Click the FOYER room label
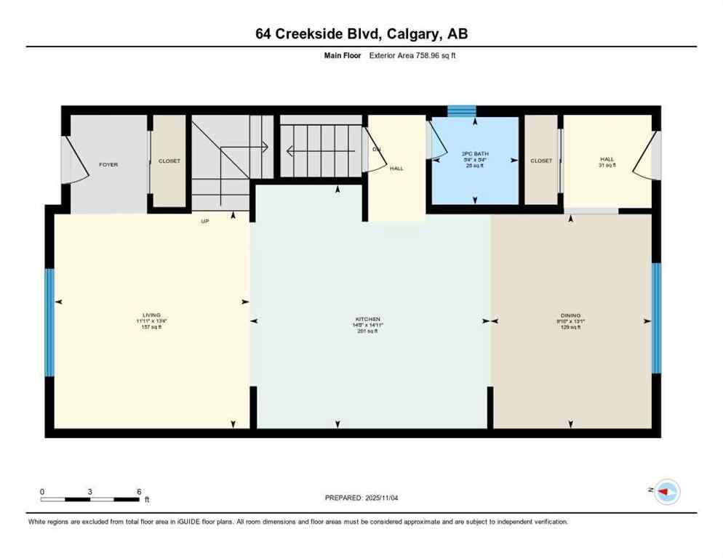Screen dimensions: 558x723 click(x=108, y=165)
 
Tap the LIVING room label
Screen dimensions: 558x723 click(x=152, y=315)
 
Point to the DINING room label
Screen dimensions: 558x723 click(x=570, y=315)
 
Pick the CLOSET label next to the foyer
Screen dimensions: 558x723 click(x=169, y=161)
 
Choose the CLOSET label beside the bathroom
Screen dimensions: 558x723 click(x=540, y=161)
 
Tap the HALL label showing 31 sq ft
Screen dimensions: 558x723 click(x=607, y=159)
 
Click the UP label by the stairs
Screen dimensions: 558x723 click(x=205, y=221)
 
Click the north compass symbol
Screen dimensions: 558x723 click(x=666, y=492)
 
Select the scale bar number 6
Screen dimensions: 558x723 click(x=139, y=491)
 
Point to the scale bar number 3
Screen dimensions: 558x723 click(x=89, y=491)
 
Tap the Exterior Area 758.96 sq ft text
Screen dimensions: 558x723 click(x=396, y=55)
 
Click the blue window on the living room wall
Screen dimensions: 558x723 click(x=49, y=323)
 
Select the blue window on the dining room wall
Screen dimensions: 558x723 click(x=656, y=318)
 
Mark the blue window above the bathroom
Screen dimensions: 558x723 click(x=460, y=111)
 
